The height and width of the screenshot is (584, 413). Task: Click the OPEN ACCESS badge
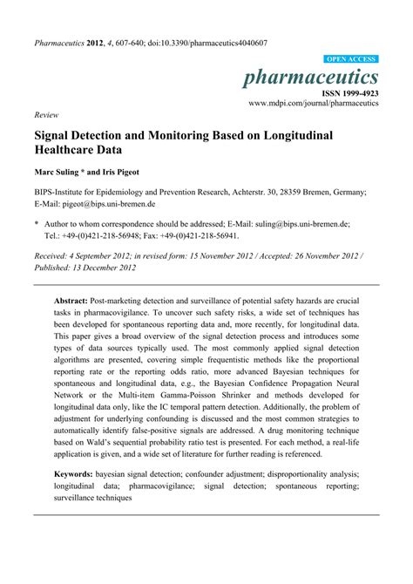(x=350, y=59)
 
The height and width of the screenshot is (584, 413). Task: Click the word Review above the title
(x=45, y=114)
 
